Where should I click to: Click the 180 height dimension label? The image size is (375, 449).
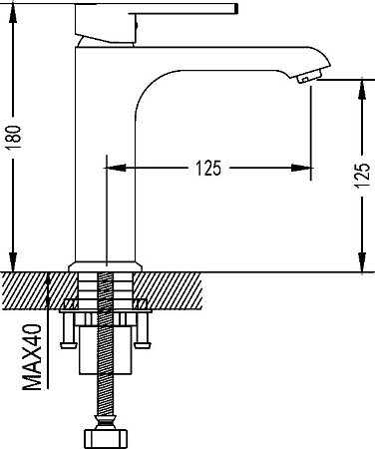pos(15,138)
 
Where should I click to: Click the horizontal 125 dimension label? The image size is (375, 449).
pos(208,168)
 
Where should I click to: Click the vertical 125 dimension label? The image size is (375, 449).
pos(362,176)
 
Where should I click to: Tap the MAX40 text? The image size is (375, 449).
pos(33,357)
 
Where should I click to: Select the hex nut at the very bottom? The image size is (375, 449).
pos(105,438)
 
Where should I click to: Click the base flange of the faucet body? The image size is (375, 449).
pos(106,266)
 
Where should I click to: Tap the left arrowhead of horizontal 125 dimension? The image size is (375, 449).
pos(115,168)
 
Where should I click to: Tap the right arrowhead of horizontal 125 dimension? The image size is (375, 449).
pos(302,168)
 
